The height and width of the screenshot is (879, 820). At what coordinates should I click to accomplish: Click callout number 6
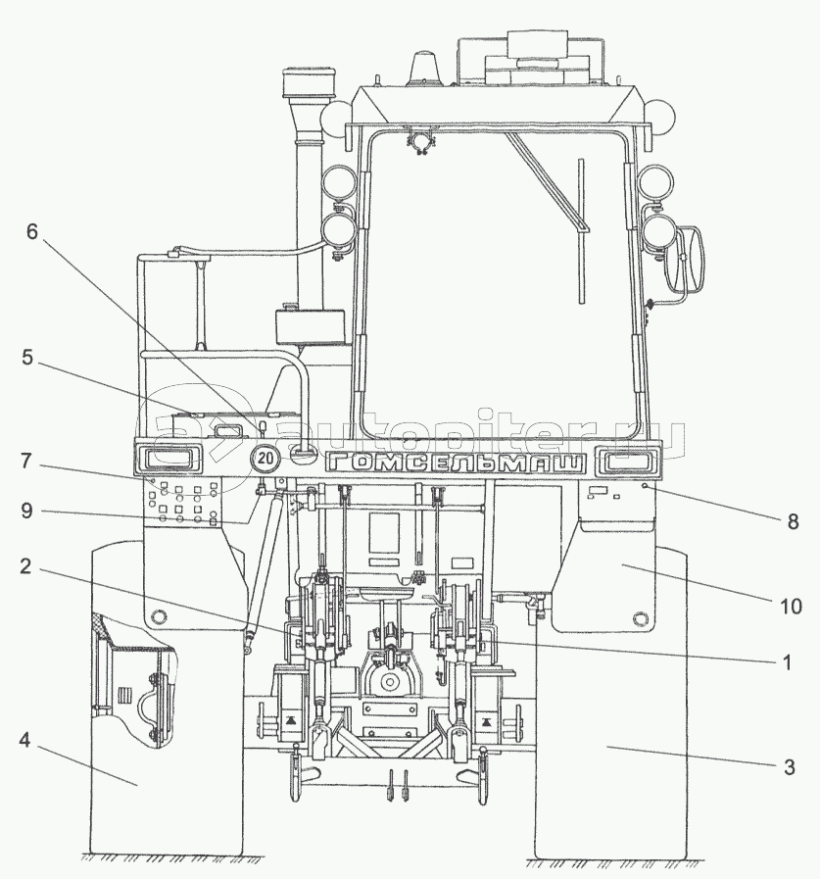tap(32, 231)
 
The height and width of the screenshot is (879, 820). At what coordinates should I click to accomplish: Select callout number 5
tap(27, 358)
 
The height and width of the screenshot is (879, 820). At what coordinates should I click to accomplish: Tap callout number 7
tap(26, 462)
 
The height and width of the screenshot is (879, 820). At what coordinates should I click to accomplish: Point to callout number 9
tap(26, 511)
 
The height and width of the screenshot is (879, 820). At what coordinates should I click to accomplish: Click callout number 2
tap(25, 566)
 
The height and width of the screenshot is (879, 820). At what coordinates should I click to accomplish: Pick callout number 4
tap(24, 741)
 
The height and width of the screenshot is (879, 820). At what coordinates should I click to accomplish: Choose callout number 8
tap(793, 522)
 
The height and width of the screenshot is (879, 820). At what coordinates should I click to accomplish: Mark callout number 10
tap(791, 606)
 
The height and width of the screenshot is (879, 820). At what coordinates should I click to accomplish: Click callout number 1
tap(787, 662)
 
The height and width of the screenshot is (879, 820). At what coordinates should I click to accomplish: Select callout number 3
tap(790, 767)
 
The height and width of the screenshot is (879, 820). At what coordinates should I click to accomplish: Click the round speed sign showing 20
tap(265, 458)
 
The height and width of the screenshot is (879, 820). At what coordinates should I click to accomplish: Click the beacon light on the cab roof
tap(425, 71)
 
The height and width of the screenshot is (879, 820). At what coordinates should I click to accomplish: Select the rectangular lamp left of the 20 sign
tap(167, 459)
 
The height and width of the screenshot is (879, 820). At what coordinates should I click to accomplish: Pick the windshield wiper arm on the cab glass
tap(582, 230)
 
